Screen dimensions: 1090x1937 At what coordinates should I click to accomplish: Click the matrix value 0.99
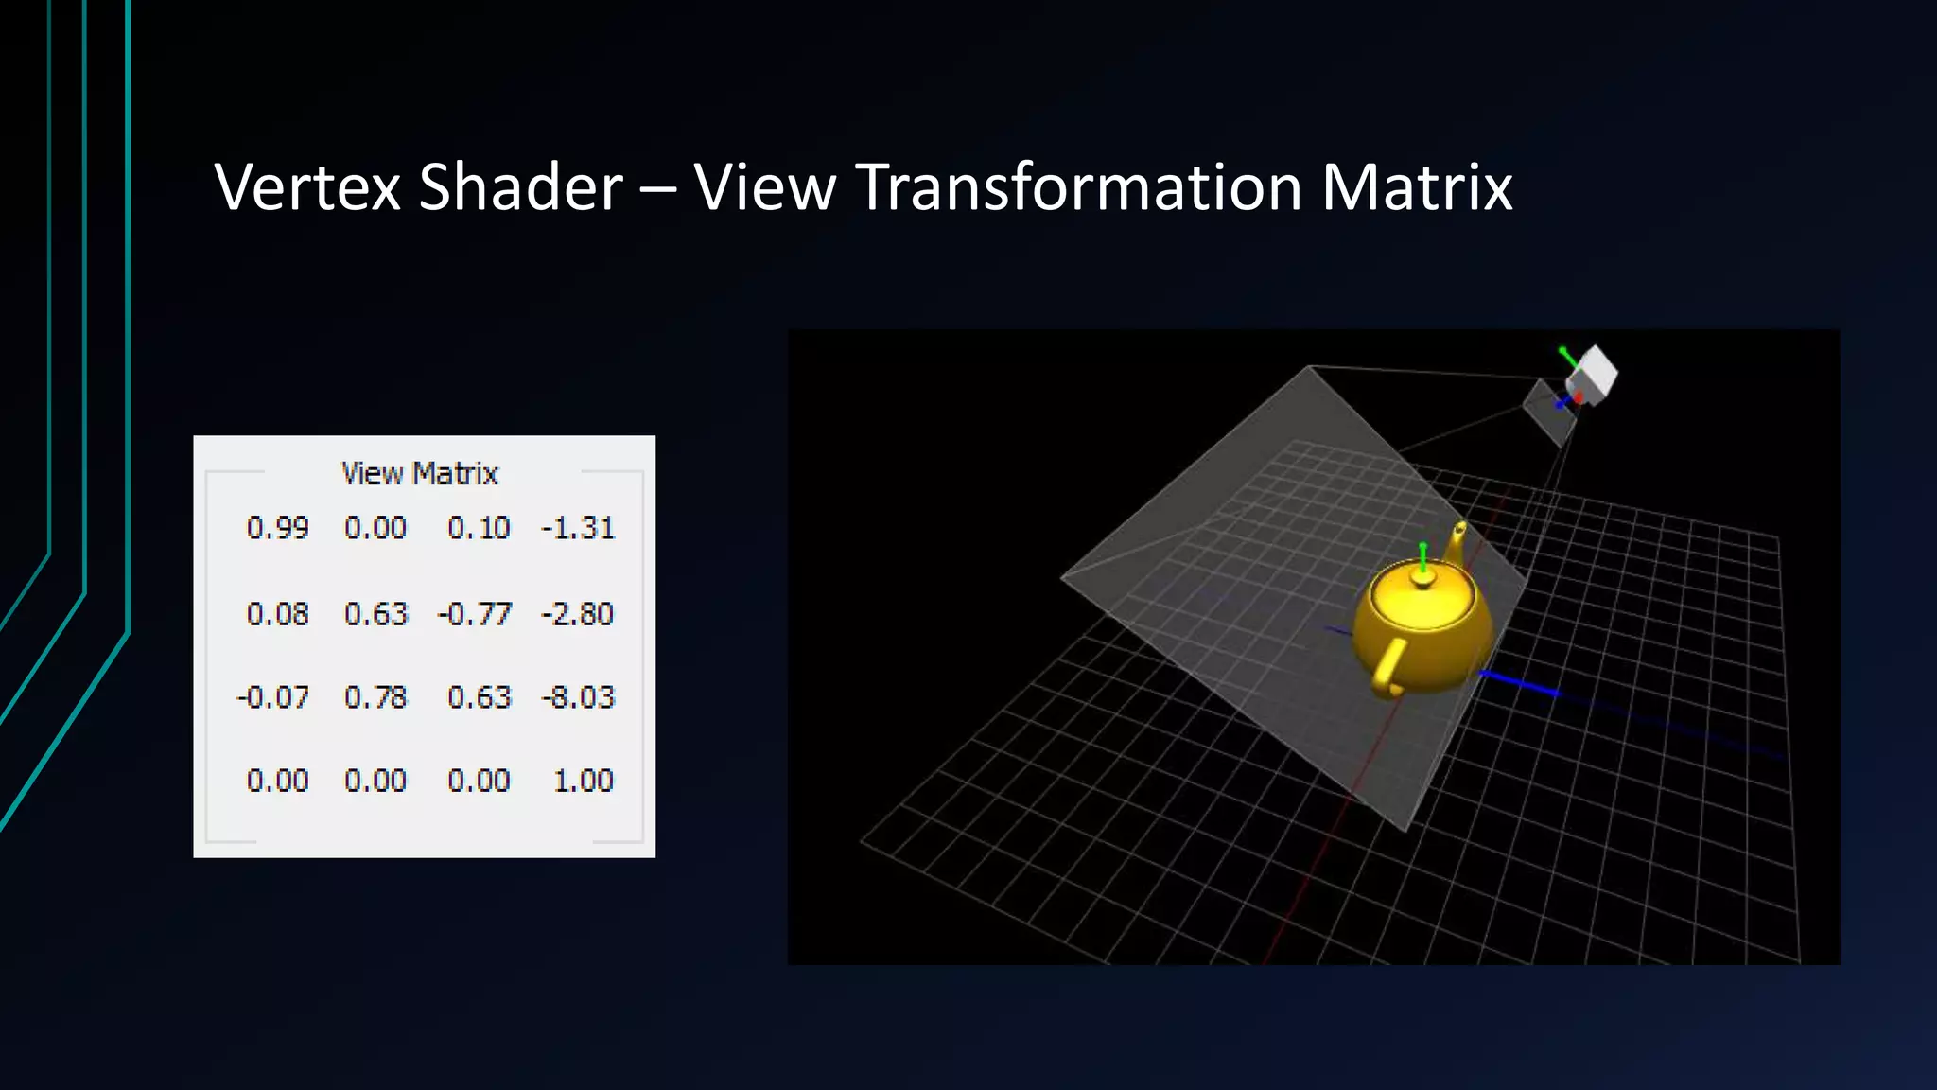(277, 528)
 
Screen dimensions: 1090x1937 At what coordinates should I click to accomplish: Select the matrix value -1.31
(578, 528)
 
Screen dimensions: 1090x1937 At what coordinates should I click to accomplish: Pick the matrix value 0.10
(479, 528)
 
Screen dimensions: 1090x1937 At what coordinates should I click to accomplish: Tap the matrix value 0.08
(277, 614)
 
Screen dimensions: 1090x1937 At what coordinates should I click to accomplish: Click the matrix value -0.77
(475, 614)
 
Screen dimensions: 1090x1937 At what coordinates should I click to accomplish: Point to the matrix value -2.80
(578, 614)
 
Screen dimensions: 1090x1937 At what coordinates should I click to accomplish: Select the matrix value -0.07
(273, 697)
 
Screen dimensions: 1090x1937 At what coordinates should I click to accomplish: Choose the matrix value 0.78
(375, 697)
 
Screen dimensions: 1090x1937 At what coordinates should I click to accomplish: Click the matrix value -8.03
(578, 697)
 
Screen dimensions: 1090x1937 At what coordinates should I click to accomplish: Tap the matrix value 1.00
(583, 781)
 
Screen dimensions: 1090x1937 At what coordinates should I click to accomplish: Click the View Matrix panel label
(419, 473)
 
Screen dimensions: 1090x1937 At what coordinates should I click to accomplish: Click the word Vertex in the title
(308, 186)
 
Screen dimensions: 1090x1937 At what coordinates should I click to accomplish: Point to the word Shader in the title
(521, 186)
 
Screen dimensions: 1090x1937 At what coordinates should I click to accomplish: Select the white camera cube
(1594, 373)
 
